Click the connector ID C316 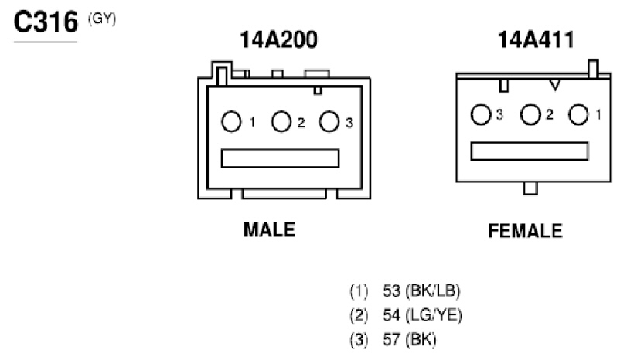(x=46, y=22)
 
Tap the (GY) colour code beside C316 (x=102, y=19)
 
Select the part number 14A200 (x=279, y=40)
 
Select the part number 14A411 (x=536, y=40)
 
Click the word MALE (x=269, y=229)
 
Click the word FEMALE (x=525, y=231)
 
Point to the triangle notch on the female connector (x=555, y=85)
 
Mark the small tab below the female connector (x=530, y=188)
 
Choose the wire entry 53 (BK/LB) (x=421, y=290)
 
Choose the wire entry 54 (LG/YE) (x=422, y=315)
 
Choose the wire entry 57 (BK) (x=410, y=340)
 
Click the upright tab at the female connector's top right (x=594, y=70)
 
